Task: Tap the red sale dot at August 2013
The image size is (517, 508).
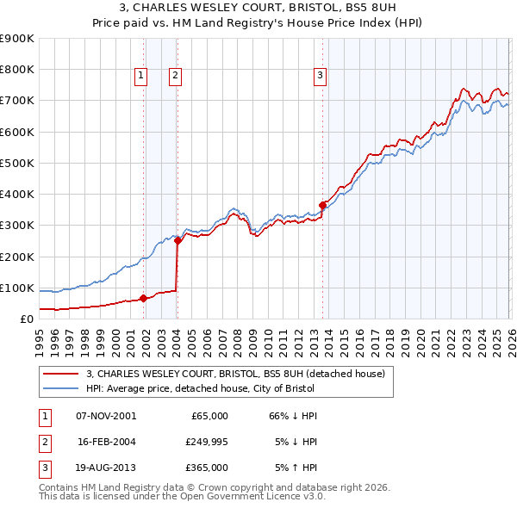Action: tap(323, 205)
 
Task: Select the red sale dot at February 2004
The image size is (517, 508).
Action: tap(178, 241)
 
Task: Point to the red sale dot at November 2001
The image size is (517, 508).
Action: tap(143, 299)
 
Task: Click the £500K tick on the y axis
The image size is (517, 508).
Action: tap(16, 163)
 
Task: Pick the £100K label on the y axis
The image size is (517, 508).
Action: tap(16, 288)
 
